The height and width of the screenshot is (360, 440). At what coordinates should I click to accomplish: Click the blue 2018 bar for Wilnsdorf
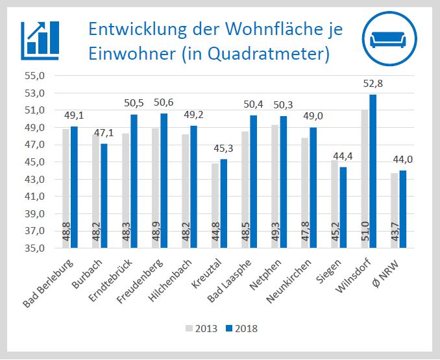pyautogui.click(x=373, y=171)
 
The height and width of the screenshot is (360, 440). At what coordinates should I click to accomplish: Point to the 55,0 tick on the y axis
pyautogui.click(x=34, y=76)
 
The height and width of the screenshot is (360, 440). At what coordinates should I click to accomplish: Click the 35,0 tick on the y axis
pyautogui.click(x=34, y=248)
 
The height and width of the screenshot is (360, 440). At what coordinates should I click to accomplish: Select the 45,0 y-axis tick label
pyautogui.click(x=34, y=162)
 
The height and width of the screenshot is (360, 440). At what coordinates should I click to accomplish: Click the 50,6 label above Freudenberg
pyautogui.click(x=163, y=102)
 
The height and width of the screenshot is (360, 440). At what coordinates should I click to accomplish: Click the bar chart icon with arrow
pyautogui.click(x=40, y=38)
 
